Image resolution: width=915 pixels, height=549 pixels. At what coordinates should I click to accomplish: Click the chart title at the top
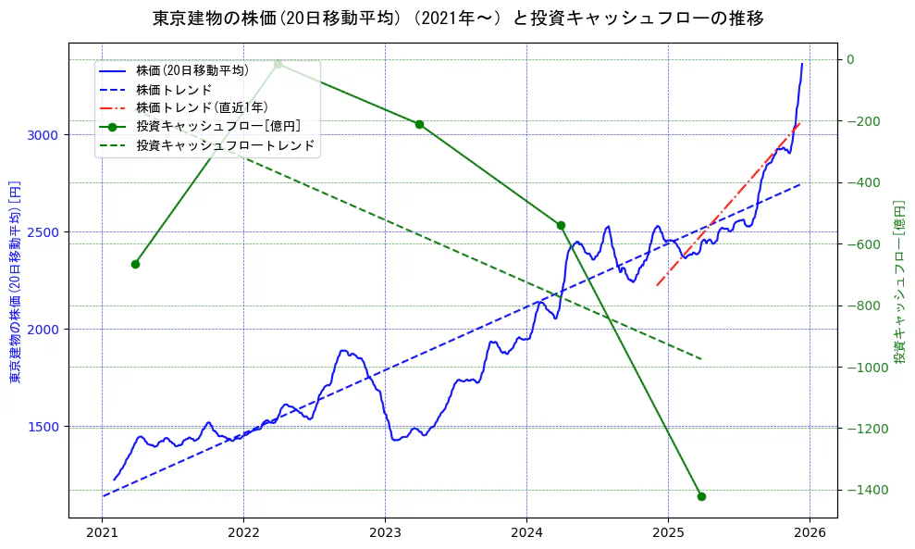[x=458, y=19]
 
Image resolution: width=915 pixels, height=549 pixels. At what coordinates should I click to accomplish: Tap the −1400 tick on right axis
[x=866, y=490]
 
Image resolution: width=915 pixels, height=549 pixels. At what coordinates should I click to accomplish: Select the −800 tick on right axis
[x=863, y=306]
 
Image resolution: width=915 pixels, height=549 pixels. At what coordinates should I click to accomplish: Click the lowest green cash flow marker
[x=701, y=496]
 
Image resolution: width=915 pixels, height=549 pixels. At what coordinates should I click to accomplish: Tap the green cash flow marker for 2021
[x=135, y=264]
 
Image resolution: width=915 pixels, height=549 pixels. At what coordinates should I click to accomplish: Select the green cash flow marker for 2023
[x=419, y=124]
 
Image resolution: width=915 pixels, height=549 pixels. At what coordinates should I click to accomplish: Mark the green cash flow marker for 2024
[x=561, y=225]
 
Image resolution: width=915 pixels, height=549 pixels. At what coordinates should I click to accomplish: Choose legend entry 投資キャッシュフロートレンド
[x=225, y=145]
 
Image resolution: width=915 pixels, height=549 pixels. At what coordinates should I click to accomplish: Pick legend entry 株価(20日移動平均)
[x=192, y=70]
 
